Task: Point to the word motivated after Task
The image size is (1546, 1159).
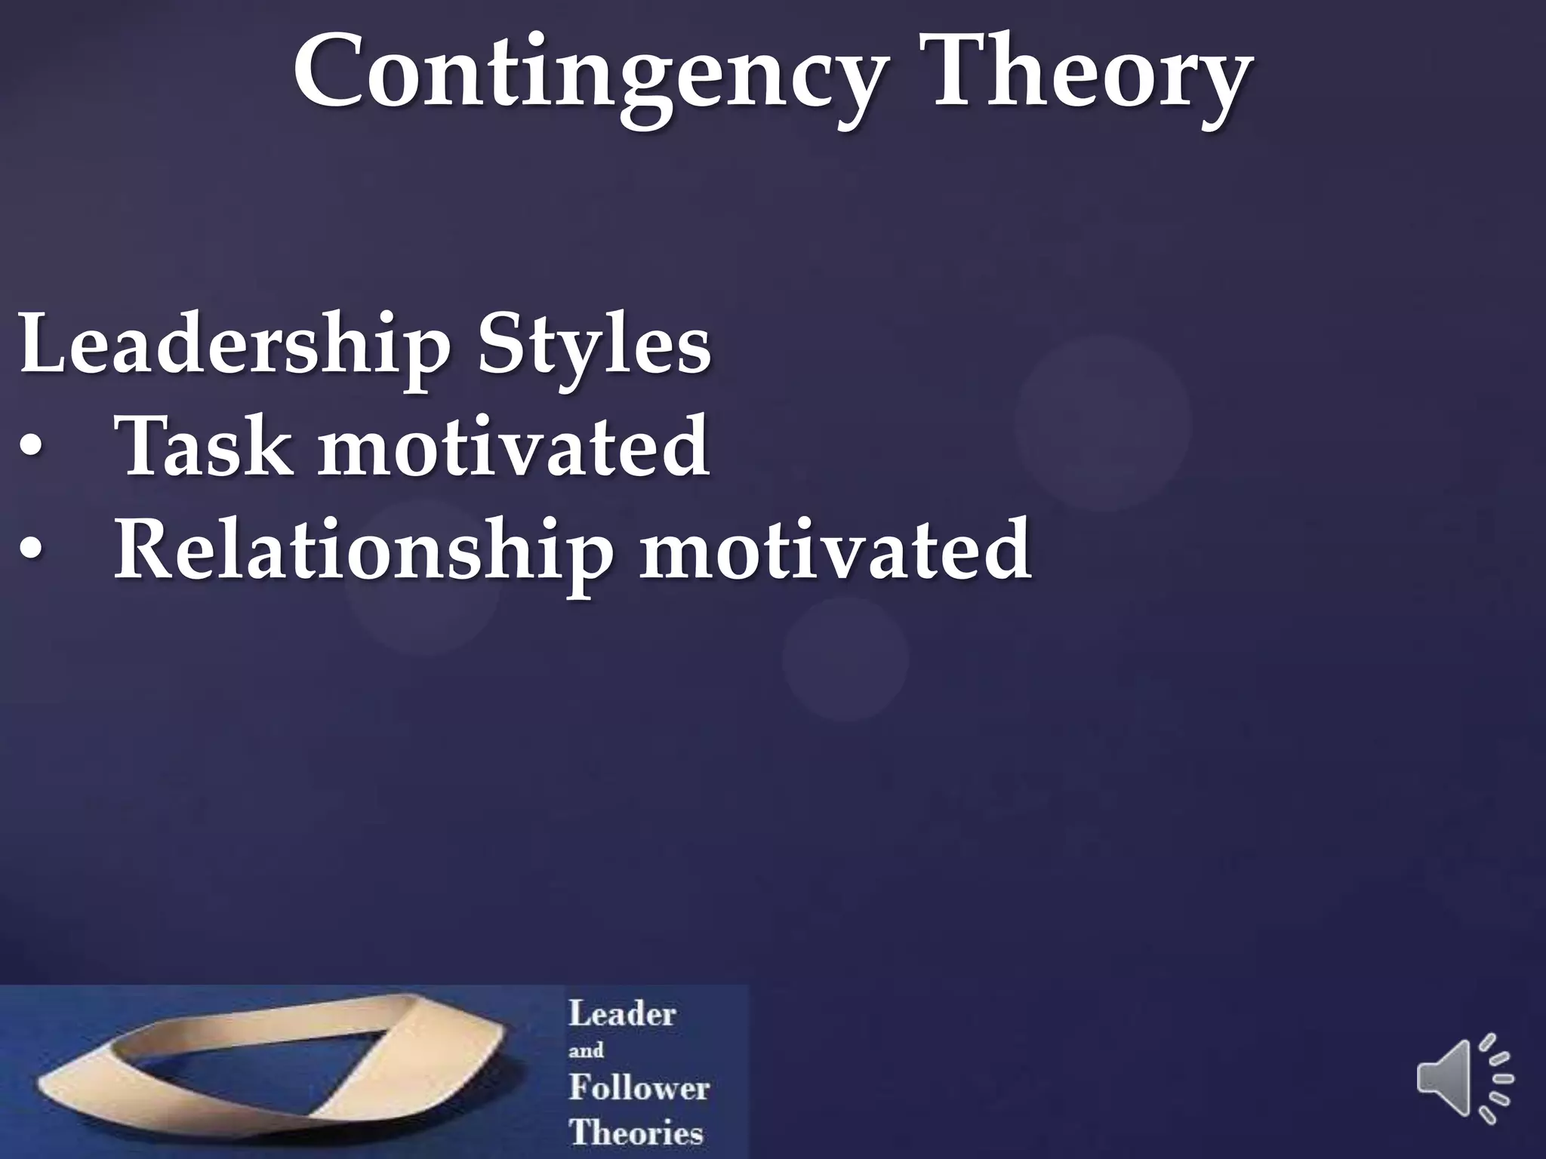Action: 513,447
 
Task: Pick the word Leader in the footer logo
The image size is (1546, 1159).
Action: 622,1013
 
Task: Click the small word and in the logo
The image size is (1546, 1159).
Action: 586,1050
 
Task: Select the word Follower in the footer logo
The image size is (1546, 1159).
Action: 639,1087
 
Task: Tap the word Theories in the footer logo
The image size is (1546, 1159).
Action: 636,1133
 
